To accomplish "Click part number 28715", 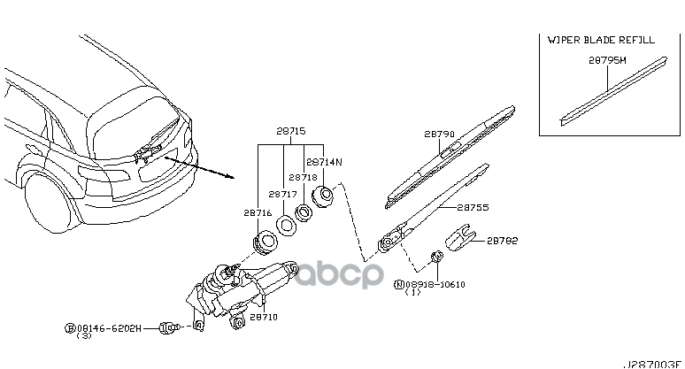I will (291, 130).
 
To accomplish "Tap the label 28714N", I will (323, 162).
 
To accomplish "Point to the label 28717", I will (283, 193).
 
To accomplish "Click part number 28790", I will (439, 135).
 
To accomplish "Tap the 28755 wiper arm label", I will (473, 207).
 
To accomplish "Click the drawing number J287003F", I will (654, 363).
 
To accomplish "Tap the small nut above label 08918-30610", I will (436, 258).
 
